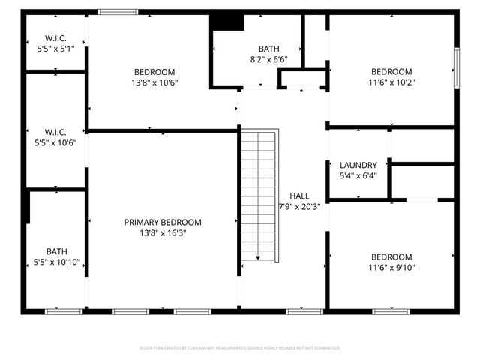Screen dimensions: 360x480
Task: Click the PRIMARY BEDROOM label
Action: (163, 222)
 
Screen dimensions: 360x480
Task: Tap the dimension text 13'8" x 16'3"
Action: (163, 233)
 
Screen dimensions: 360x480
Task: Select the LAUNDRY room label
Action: (358, 165)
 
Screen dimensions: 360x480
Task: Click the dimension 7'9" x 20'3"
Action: (299, 207)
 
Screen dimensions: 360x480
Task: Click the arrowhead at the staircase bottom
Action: (258, 258)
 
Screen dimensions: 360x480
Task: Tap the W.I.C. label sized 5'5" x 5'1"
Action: (56, 37)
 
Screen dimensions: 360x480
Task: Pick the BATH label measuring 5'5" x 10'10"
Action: (56, 252)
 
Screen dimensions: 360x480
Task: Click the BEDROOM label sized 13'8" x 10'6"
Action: (154, 72)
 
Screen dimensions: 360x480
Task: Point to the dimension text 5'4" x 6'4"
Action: (358, 176)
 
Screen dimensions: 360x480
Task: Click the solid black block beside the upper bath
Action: (227, 22)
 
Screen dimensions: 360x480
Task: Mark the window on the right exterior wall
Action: (455, 68)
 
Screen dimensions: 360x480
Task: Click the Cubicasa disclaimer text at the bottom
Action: (240, 348)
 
